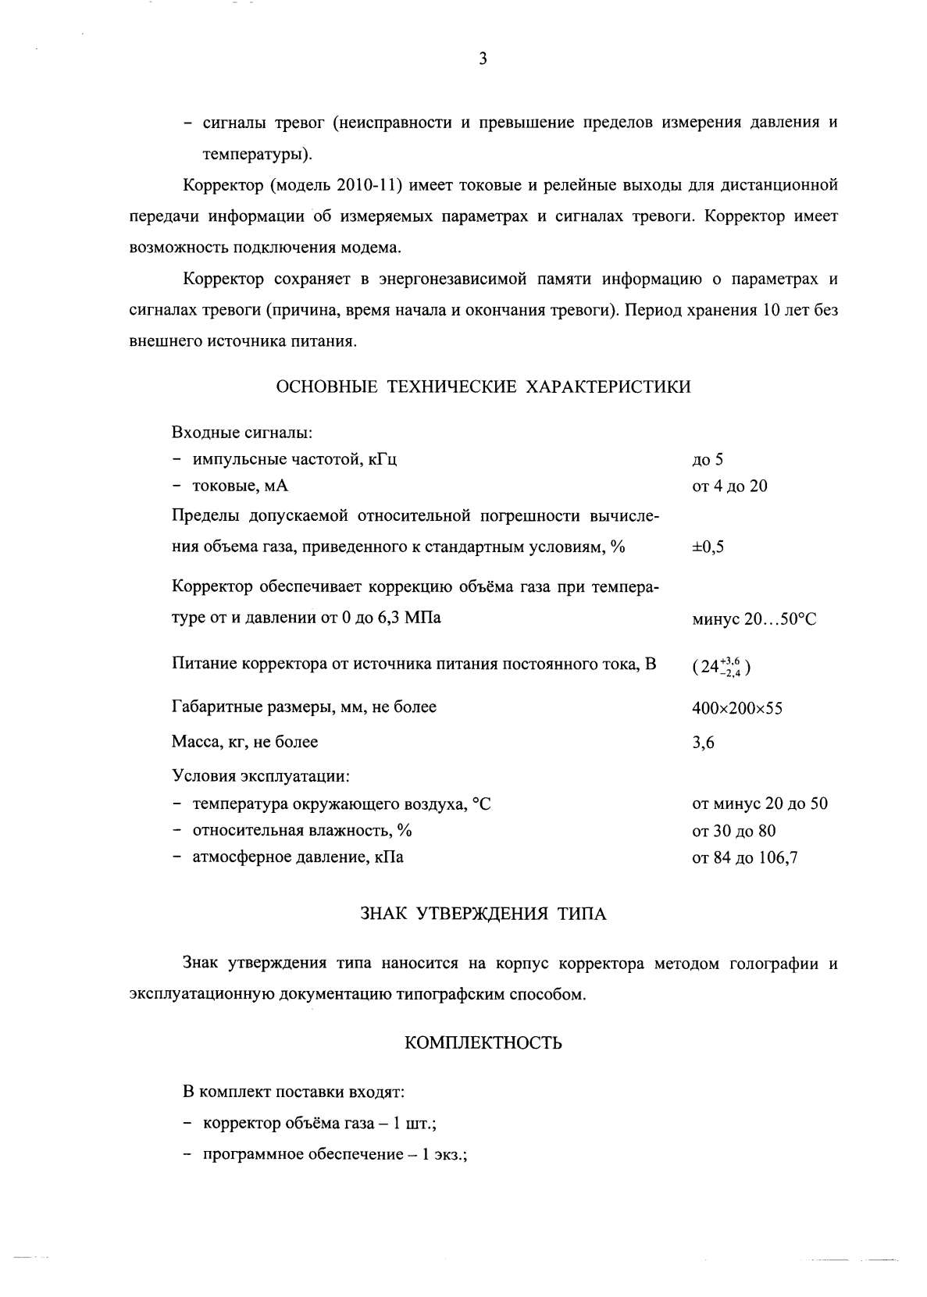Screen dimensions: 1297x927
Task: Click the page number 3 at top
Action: [x=483, y=59]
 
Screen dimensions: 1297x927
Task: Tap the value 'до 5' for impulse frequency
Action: [x=708, y=460]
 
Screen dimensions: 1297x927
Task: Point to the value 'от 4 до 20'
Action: [x=729, y=486]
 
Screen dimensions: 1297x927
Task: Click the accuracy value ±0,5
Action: [x=708, y=547]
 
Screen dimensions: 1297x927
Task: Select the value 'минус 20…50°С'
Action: [x=754, y=619]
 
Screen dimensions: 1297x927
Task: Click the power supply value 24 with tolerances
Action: [x=722, y=668]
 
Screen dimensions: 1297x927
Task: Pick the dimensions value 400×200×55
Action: [x=737, y=709]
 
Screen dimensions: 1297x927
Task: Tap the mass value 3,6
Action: [x=703, y=743]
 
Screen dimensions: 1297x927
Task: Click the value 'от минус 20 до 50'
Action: [x=759, y=804]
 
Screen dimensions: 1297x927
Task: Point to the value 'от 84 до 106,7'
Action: [x=744, y=859]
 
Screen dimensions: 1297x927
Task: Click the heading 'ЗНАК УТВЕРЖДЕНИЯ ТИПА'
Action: [x=483, y=914]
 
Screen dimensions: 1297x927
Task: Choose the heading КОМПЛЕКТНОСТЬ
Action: [x=483, y=1043]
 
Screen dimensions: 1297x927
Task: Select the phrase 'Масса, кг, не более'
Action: [x=244, y=742]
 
